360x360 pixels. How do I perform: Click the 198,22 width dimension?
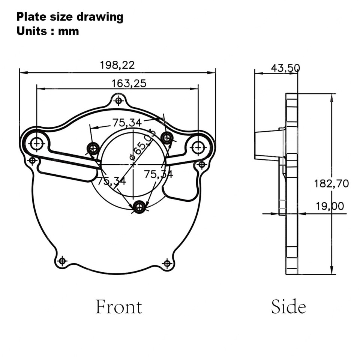pos(117,65)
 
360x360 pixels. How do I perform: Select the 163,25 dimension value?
pos(129,83)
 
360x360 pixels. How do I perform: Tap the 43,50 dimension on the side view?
pos(285,68)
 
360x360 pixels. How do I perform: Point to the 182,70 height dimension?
pos(331,184)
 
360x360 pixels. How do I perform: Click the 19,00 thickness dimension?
pos(330,206)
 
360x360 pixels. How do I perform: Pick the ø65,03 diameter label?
pos(142,145)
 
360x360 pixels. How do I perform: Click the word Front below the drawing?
pos(119,307)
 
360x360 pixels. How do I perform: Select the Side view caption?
pos(289,307)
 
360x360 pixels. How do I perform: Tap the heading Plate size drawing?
pos(70,17)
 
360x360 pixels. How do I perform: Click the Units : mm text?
pos(48,31)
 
